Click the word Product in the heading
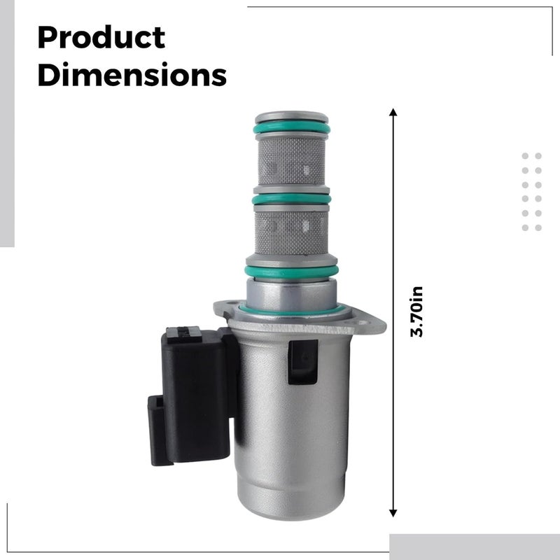(101, 38)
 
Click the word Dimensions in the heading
(132, 74)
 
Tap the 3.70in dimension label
(416, 311)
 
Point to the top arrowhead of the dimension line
(393, 112)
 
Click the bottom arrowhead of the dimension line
(393, 513)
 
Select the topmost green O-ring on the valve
(292, 127)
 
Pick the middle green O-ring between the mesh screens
(291, 199)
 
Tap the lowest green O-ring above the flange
(291, 272)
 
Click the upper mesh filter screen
(291, 161)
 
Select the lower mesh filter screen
(291, 232)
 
